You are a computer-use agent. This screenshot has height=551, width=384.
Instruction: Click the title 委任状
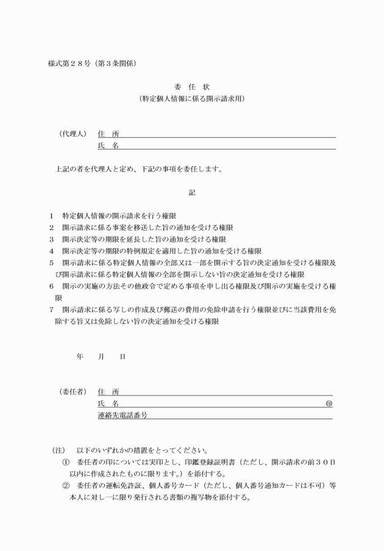coord(191,86)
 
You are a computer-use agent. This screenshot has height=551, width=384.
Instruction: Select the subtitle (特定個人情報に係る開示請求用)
coord(192,98)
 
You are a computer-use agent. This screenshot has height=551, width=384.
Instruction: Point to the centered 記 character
coord(192,193)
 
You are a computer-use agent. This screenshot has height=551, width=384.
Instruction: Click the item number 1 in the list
coord(52,216)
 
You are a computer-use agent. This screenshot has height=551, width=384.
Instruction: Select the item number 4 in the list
coord(52,251)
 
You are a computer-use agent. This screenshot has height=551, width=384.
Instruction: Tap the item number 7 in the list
coord(52,309)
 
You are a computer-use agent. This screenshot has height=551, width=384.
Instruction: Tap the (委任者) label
coord(73,391)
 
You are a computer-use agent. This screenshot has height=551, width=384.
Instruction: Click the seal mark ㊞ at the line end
coord(329,403)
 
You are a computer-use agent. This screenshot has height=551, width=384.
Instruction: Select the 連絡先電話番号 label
coord(123,415)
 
